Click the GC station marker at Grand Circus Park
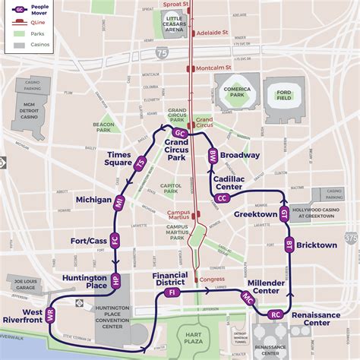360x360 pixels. click(180, 133)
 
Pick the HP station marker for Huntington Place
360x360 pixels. click(115, 279)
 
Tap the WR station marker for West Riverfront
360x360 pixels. click(51, 316)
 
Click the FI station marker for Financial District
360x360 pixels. click(172, 292)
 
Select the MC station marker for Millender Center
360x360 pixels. click(248, 301)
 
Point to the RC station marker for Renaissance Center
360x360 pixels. click(276, 314)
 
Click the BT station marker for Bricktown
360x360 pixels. click(289, 245)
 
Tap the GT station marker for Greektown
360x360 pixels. click(284, 214)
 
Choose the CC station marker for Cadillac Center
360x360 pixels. click(222, 198)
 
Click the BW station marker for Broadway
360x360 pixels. click(213, 156)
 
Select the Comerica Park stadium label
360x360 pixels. click(237, 95)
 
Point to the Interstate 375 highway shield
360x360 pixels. click(350, 238)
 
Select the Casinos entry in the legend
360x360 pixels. click(24, 46)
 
